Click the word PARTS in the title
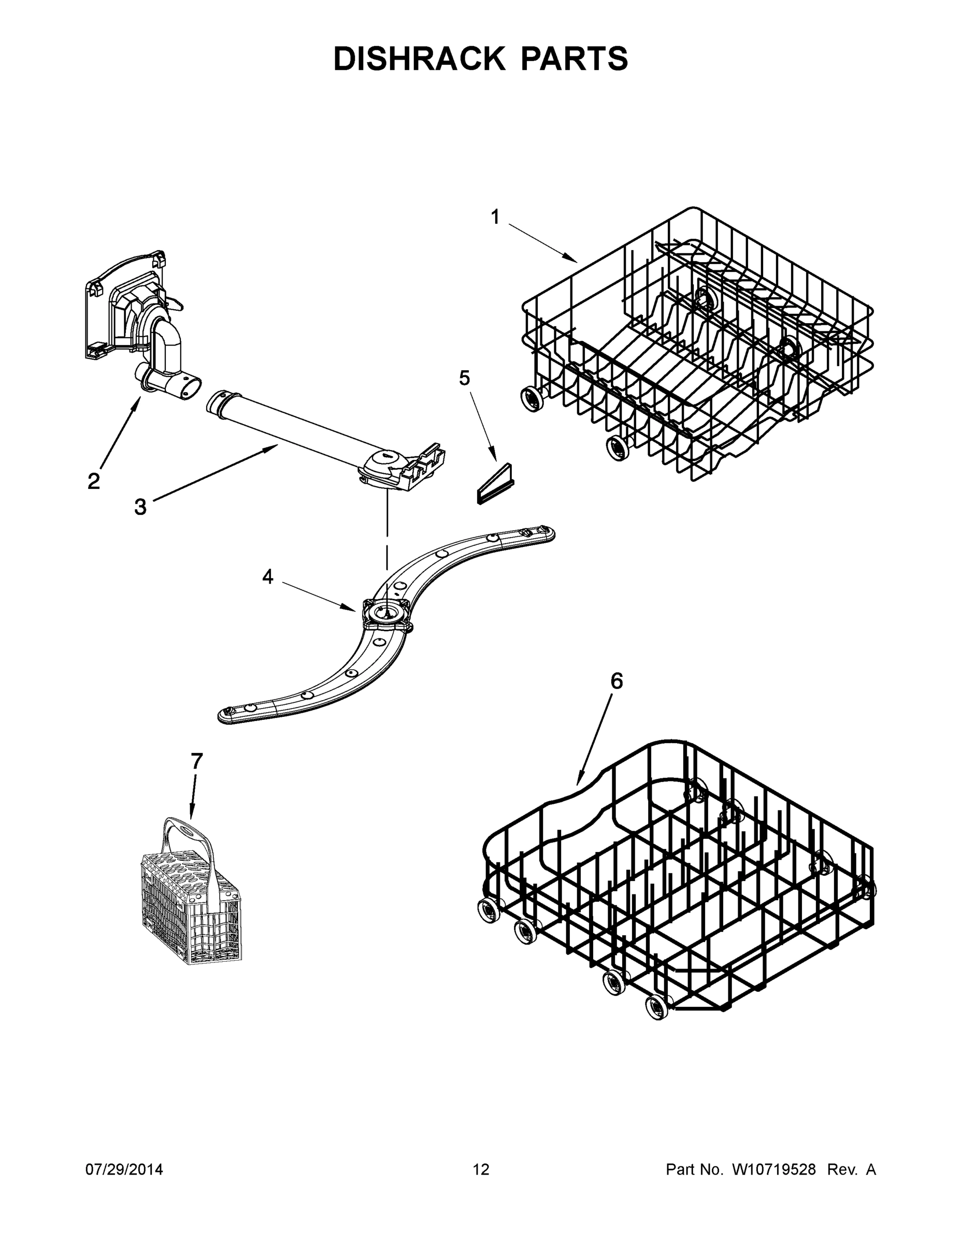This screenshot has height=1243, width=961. [573, 59]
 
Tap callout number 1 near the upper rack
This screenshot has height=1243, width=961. [495, 217]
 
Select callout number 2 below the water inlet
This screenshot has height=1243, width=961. [94, 481]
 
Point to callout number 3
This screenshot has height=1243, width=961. [140, 507]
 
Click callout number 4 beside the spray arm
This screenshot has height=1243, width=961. [267, 576]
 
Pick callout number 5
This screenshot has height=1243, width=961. [465, 378]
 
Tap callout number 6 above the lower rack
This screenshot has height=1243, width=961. [616, 681]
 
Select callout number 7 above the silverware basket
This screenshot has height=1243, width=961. [196, 761]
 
